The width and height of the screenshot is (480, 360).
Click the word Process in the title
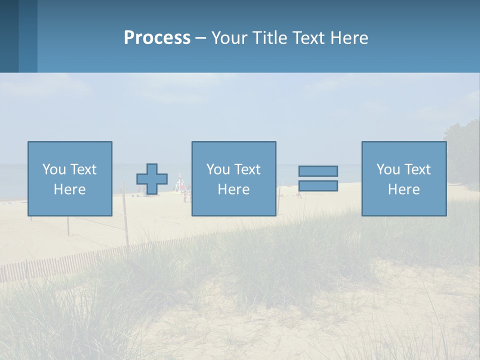tap(157, 38)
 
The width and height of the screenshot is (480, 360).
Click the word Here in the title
tap(349, 38)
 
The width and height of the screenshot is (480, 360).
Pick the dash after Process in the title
tap(201, 39)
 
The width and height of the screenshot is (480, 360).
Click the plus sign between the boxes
tap(152, 179)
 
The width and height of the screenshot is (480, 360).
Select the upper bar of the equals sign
tap(318, 171)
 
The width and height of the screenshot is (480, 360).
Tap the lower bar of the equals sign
tap(318, 185)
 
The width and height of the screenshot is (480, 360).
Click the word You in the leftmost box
tap(53, 169)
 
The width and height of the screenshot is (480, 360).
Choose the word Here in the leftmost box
tap(69, 189)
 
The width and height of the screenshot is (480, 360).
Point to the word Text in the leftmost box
tap(83, 169)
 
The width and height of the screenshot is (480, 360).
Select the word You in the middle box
tap(217, 169)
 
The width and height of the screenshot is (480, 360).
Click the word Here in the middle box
tap(233, 189)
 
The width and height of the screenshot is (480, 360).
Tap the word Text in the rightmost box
tap(417, 169)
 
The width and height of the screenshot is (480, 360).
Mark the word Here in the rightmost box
tap(403, 189)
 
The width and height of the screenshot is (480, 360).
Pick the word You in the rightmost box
tap(387, 169)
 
